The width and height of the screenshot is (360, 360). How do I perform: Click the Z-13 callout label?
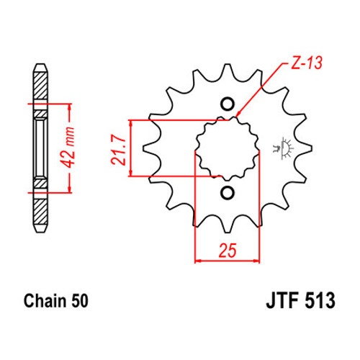pos(306,63)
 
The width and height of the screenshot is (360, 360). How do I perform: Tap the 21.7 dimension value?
pos(119,150)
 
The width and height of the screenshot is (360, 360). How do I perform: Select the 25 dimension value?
pos(228,251)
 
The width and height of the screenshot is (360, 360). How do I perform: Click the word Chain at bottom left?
pos(45,300)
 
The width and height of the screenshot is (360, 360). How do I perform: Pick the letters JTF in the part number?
pos(282,300)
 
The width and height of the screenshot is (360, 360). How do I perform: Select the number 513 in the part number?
pos(320,300)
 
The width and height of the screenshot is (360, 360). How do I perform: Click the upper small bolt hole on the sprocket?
pos(228,104)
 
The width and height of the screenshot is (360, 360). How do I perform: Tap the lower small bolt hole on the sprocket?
pos(228,192)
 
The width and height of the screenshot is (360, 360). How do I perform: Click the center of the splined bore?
pos(228,148)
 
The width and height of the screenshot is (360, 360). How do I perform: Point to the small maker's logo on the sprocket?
pos(283,148)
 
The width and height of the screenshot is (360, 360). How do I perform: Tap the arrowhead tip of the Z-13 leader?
pos(236,117)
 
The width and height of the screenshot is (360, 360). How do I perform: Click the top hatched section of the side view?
pos(40,86)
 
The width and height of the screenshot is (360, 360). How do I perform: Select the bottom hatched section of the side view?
pos(40,210)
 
